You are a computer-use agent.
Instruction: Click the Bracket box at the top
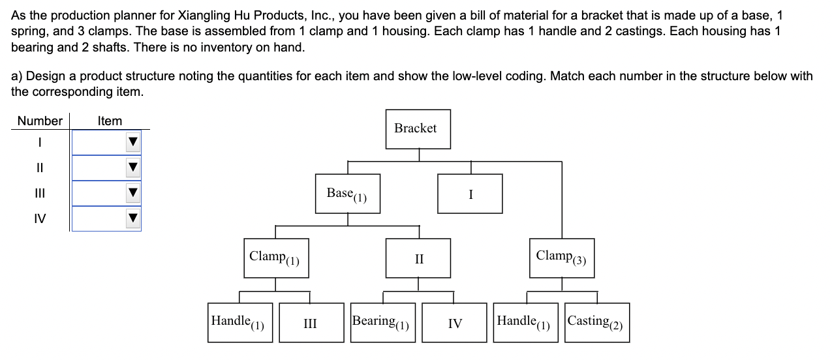point(415,129)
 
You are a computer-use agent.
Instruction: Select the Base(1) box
point(347,194)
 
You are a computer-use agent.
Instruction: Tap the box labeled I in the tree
point(470,194)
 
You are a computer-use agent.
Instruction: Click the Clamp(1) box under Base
point(274,258)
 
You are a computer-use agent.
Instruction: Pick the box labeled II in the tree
point(418,259)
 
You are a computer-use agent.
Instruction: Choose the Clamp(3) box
point(561,258)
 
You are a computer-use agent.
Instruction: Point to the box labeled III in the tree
point(311,323)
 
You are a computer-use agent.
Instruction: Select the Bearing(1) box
point(382,322)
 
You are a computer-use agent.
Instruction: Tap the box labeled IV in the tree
point(454,323)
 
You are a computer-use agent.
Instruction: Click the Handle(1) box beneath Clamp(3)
point(526,322)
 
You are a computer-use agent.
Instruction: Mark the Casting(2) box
point(597,322)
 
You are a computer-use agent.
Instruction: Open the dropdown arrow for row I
point(133,142)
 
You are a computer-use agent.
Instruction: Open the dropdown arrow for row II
point(133,168)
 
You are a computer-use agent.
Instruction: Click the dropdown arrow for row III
point(133,193)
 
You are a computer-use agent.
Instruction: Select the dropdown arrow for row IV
point(133,218)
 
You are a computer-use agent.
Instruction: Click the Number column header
point(40,121)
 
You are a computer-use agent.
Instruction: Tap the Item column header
point(110,121)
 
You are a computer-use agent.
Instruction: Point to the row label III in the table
point(40,193)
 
